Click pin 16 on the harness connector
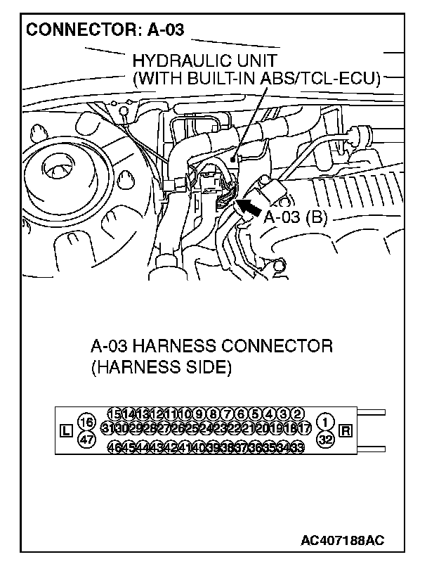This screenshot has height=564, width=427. (x=87, y=422)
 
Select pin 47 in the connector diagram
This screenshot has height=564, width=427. (x=87, y=440)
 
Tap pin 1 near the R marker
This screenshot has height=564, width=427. (x=325, y=422)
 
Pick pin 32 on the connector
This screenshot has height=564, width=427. (x=325, y=440)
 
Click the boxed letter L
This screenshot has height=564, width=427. (x=66, y=430)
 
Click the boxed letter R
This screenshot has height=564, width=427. (x=345, y=430)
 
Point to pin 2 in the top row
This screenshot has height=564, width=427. (x=297, y=414)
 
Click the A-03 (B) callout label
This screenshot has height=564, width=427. (x=296, y=217)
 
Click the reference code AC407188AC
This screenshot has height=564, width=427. (x=343, y=541)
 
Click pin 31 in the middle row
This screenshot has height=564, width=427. (x=109, y=428)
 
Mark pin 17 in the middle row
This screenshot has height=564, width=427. (x=303, y=428)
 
